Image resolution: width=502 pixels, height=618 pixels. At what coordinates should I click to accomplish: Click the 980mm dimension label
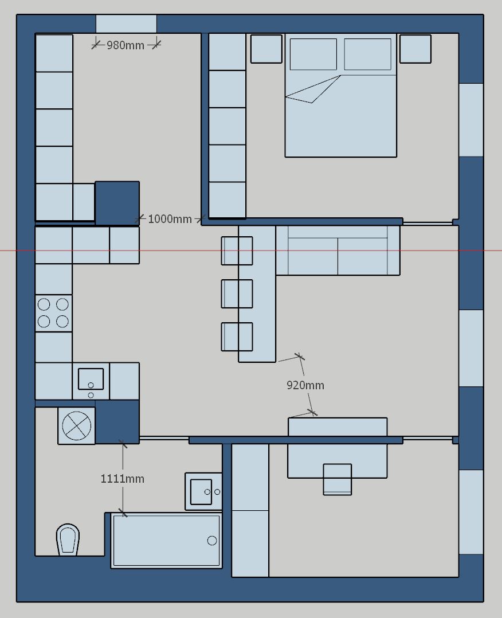(125, 45)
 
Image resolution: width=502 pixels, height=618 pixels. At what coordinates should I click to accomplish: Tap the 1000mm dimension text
(170, 219)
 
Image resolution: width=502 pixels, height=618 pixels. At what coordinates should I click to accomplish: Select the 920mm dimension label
(305, 385)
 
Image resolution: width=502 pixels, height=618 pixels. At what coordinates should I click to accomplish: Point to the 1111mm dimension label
(123, 479)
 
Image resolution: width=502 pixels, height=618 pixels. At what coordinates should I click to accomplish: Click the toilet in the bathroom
(68, 539)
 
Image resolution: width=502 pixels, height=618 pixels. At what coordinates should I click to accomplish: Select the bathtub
(166, 541)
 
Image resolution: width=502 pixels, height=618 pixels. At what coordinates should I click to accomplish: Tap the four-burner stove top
(54, 314)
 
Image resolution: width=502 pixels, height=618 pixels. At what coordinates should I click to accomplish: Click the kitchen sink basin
(91, 379)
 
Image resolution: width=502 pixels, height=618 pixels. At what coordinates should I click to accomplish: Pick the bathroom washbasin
(203, 491)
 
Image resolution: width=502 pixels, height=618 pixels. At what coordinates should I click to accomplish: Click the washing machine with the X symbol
(76, 425)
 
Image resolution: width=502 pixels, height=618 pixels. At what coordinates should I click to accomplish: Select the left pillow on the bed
(313, 54)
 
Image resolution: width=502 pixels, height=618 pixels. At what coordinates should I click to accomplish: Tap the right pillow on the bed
(368, 54)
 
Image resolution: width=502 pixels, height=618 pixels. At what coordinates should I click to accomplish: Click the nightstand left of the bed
(266, 49)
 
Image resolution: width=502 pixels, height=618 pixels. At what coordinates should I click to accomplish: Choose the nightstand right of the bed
(415, 49)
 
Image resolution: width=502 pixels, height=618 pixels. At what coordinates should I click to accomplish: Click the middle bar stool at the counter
(237, 294)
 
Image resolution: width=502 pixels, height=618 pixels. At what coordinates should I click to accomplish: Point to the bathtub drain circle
(212, 541)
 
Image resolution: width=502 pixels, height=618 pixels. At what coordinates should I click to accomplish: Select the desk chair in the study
(338, 479)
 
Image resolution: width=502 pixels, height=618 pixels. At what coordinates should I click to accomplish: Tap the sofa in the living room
(338, 251)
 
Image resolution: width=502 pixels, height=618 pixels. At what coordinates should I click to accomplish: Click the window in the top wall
(126, 24)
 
